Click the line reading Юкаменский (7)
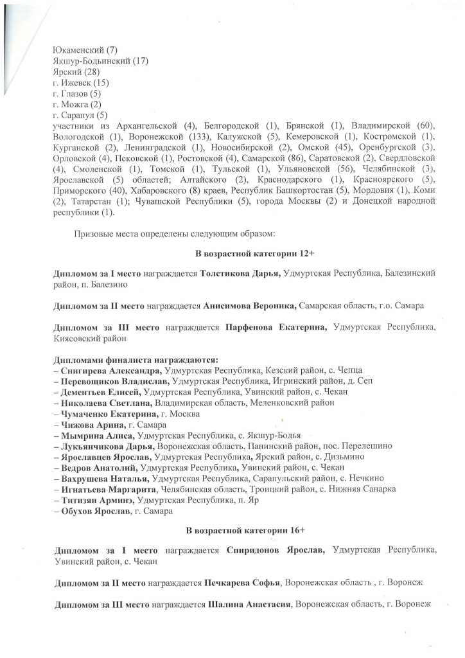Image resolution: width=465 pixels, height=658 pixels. click(85, 50)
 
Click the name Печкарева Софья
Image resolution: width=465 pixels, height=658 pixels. click(243, 582)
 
